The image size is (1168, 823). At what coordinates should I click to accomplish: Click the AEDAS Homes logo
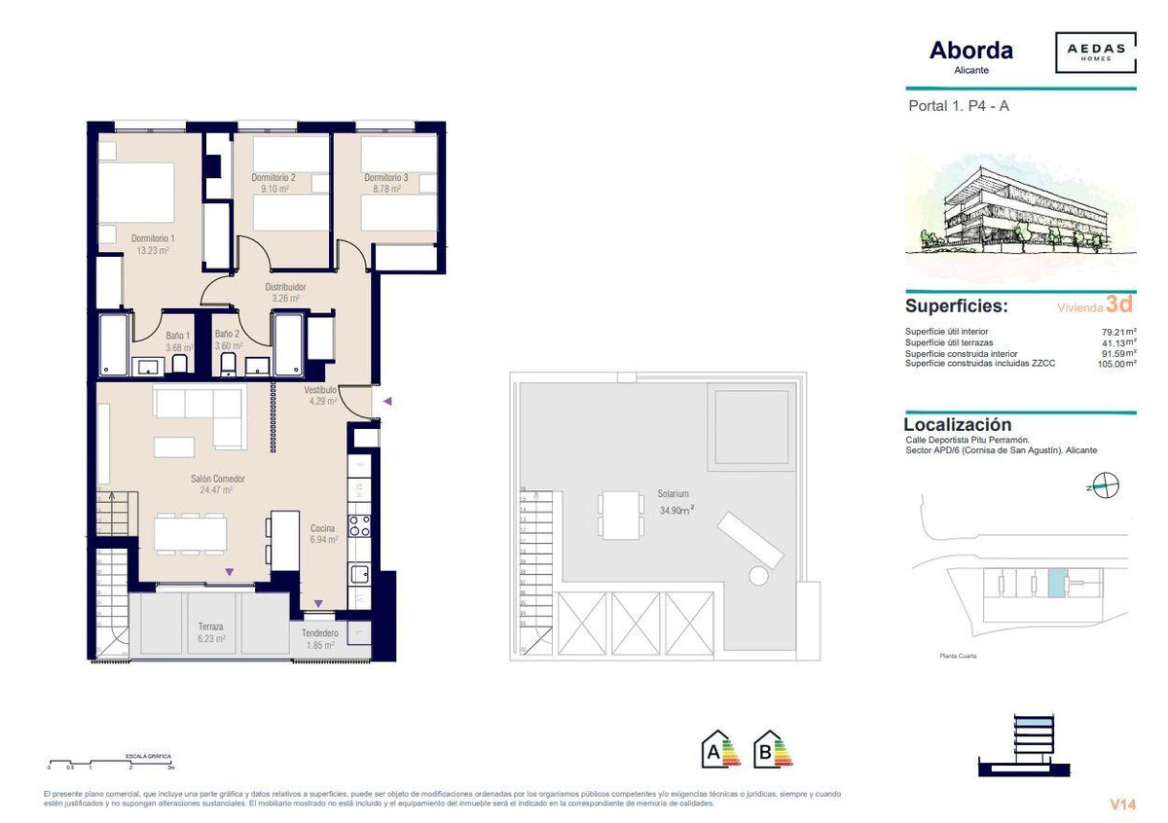1095,53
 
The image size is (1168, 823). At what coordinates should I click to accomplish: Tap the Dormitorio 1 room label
153,238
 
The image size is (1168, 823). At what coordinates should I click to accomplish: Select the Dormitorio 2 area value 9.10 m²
273,189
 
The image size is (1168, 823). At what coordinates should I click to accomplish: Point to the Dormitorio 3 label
386,178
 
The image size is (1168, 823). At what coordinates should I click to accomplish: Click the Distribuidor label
286,287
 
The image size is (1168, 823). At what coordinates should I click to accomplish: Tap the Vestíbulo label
319,390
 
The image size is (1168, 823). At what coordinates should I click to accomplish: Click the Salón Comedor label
216,479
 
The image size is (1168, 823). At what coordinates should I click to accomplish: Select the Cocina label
323,528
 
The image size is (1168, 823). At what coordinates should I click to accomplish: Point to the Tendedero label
319,632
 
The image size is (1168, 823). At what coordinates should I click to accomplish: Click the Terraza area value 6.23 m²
210,639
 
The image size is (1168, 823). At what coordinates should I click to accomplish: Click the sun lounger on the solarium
749,541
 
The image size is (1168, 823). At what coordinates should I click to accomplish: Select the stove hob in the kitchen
360,525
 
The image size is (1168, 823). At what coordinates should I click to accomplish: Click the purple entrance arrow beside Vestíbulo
387,401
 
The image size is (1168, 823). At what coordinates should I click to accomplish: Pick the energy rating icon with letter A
721,748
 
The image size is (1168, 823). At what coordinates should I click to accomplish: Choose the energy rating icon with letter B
774,748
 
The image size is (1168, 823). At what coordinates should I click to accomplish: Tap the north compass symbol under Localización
1107,483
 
